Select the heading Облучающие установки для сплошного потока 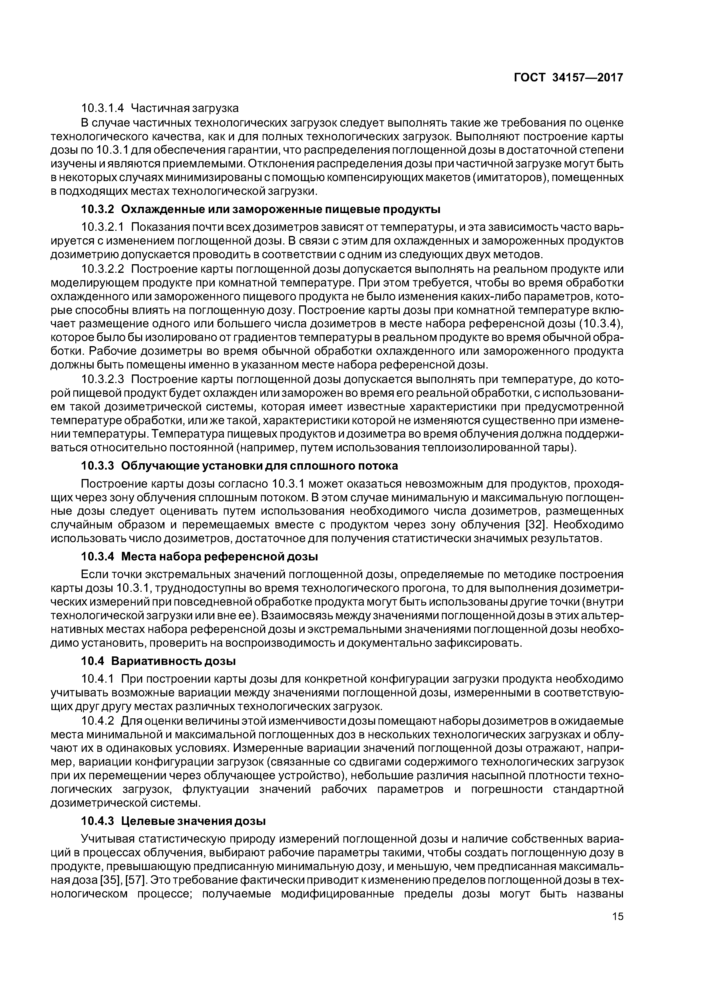[x=260, y=466]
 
